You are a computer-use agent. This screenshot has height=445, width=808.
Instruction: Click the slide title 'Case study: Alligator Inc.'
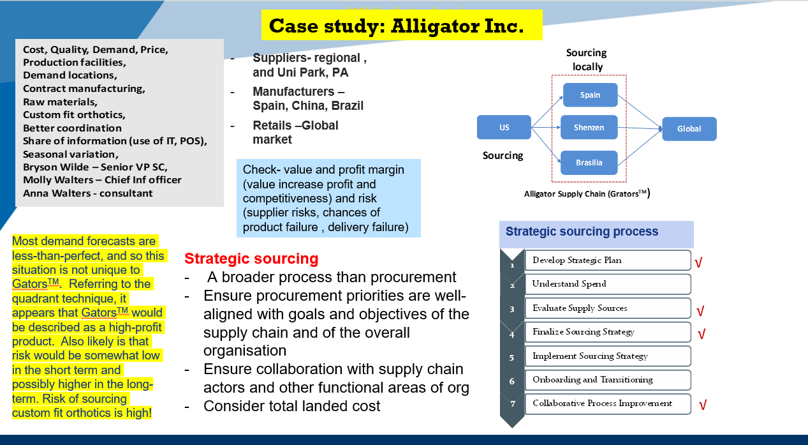point(396,26)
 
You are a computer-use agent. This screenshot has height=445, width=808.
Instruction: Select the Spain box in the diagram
point(590,95)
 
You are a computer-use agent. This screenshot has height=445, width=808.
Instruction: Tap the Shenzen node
point(589,128)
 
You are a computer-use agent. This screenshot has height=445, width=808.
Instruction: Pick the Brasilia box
point(589,163)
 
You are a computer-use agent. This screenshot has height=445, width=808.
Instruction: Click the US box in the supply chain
point(504,128)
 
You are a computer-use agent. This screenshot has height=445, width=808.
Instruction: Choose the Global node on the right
point(689,129)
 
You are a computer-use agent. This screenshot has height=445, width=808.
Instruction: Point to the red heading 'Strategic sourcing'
point(251,259)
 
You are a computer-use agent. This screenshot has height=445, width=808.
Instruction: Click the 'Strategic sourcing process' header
point(582,232)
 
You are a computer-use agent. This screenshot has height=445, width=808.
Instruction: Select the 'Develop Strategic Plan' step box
point(607,260)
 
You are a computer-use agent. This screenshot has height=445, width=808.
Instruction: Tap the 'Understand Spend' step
point(607,284)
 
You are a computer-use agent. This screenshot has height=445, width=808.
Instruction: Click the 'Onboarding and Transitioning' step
point(607,380)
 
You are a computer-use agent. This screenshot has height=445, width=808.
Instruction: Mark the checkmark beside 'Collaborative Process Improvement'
point(702,405)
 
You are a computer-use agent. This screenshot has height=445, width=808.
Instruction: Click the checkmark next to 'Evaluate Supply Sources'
point(700,312)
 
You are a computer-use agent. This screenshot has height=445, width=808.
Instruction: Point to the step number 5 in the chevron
point(511,358)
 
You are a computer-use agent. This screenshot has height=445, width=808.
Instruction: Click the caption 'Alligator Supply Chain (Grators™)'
point(587,193)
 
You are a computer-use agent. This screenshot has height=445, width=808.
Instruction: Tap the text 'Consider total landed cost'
point(291,406)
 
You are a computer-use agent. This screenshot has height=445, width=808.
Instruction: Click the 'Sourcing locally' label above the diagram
point(587,59)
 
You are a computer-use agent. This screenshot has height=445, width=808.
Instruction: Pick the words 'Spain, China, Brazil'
point(308,106)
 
